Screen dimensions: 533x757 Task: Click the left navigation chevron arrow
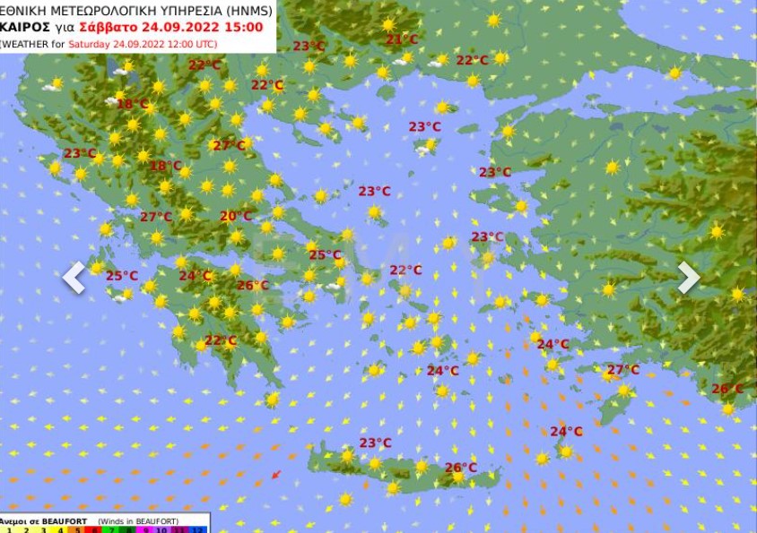pos(74,278)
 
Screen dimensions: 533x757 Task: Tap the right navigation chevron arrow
pos(688,278)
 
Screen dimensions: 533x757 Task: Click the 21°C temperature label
pos(401,39)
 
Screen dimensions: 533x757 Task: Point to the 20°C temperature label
pos(236,216)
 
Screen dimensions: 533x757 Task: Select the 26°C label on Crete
pos(460,468)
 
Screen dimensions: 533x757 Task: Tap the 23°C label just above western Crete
pos(375,443)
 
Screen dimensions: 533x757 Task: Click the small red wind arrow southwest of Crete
pos(276,475)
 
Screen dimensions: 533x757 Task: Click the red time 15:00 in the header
pos(245,27)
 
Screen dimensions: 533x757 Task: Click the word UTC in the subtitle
pos(204,43)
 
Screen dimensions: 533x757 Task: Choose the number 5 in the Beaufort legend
pos(74,529)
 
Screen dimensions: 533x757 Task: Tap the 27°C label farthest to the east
pos(622,370)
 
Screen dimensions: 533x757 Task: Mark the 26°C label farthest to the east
pos(727,389)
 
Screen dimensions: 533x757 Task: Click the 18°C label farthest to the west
pos(133,104)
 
